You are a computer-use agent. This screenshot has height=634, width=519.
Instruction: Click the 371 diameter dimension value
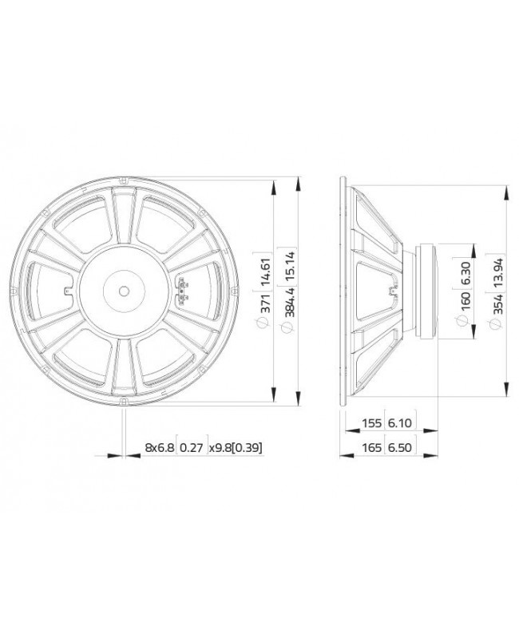coord(257,298)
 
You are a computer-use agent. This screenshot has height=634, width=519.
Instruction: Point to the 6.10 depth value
coord(398,424)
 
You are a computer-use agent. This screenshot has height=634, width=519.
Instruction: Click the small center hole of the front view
coord(124,291)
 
